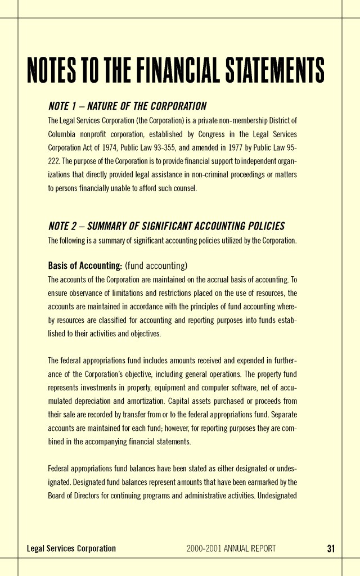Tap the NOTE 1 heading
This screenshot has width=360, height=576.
[128, 106]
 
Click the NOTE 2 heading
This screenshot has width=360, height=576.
[166, 226]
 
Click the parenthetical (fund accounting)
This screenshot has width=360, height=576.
[156, 265]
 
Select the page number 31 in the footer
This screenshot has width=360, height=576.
[331, 548]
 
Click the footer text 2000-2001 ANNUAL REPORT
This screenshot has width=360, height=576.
[231, 548]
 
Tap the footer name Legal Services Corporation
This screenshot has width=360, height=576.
[71, 548]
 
